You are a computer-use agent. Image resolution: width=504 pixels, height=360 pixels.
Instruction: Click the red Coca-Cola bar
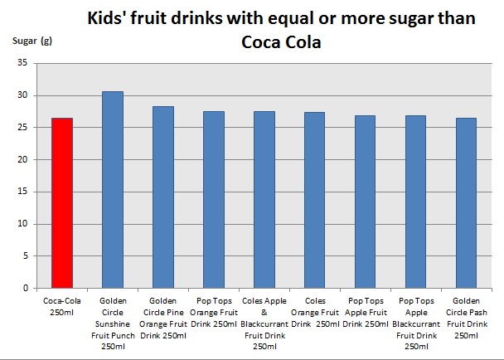pos(61,203)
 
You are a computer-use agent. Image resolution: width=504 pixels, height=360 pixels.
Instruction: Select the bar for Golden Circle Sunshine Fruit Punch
pos(112,190)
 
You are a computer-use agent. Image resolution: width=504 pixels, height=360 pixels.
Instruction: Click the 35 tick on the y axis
pos(22,63)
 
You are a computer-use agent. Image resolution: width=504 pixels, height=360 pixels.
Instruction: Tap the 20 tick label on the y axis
pos(22,159)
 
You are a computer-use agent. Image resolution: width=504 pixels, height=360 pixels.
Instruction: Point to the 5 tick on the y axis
pos(24,256)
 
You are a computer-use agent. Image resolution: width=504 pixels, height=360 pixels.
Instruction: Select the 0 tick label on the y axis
pos(24,289)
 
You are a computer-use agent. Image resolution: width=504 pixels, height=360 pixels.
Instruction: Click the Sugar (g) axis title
pos(31,41)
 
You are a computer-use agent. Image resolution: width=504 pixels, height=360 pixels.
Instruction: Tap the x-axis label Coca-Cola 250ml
pos(61,305)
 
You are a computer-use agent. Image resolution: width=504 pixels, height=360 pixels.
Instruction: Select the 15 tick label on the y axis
pos(22,192)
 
